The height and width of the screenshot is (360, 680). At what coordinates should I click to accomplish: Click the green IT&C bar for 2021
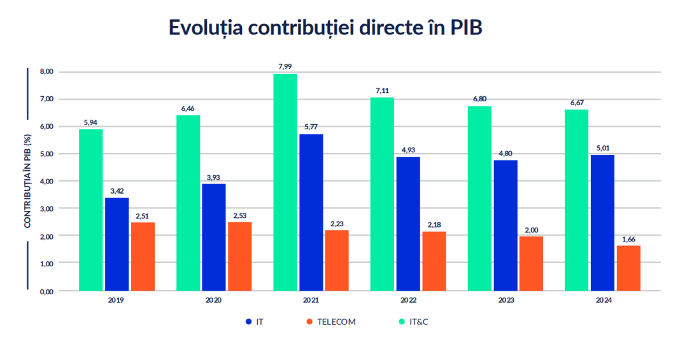coord(285,182)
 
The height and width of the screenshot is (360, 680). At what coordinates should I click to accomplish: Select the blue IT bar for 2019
coord(117,244)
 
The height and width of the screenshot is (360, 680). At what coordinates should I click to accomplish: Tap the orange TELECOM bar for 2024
coord(628,268)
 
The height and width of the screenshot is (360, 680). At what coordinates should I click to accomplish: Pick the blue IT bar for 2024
coord(602,222)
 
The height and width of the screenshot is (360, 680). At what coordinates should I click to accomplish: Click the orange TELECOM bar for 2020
coord(240,256)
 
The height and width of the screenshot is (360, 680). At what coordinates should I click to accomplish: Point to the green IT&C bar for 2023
coord(479,198)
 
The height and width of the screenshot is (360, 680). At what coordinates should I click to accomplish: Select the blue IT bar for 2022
coord(408,224)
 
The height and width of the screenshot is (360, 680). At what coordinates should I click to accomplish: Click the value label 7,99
coord(285,66)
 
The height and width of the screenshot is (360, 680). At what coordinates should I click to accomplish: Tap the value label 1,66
coord(628,238)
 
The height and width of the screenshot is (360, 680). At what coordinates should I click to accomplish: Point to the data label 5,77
coord(311,127)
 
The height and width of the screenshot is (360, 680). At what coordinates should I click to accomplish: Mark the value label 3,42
coord(117,191)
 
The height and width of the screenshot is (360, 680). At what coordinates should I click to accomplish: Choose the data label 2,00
coord(531,229)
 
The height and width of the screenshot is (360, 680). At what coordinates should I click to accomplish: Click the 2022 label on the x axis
coord(408,299)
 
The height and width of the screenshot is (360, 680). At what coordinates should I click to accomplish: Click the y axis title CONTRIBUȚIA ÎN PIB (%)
coord(28,180)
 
